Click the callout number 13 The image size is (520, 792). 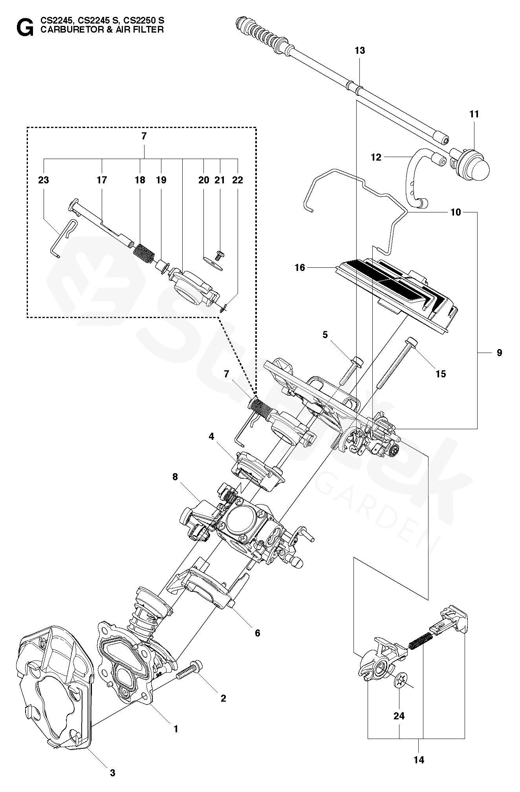pos(359,51)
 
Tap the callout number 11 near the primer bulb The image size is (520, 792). pos(474,114)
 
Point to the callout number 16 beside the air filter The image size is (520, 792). pos(300,268)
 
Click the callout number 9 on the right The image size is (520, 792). pos(499,353)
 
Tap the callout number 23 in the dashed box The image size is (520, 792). pos(43,180)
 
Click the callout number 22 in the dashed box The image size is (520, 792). pos(238,180)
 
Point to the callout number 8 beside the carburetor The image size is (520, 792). pos(175,477)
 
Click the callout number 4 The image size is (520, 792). pos(211,436)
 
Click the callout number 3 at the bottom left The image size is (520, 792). pos(112,773)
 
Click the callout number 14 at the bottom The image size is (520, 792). pos(419,760)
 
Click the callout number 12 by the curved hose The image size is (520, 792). pos(376,157)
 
